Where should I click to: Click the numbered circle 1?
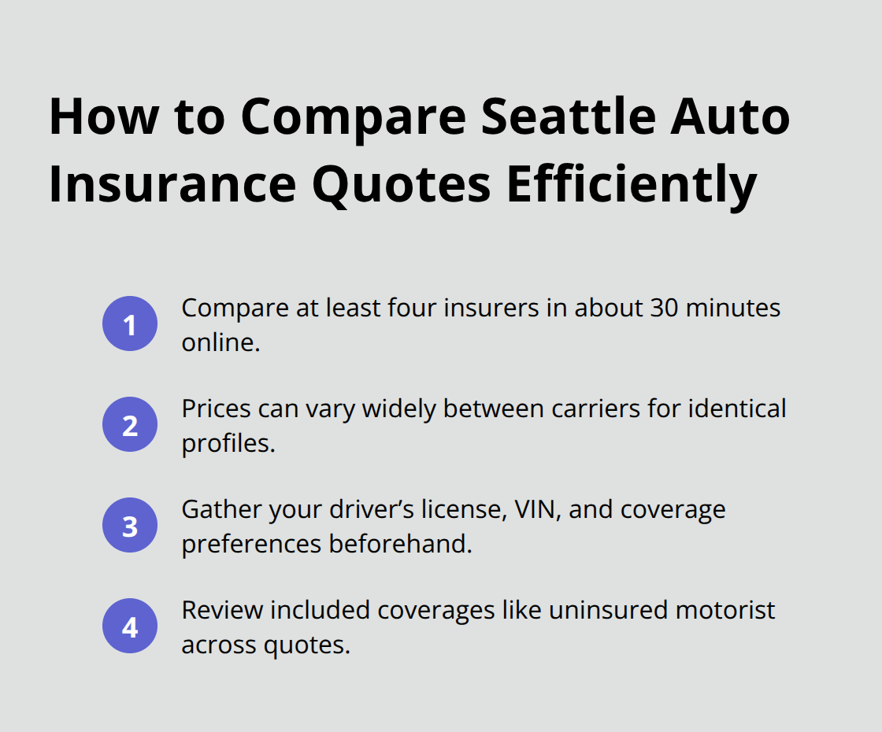pos(130,323)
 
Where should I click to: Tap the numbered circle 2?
pos(130,424)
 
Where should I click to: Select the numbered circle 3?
pos(130,525)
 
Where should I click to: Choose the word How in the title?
pos(102,116)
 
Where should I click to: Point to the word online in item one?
pos(218,342)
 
